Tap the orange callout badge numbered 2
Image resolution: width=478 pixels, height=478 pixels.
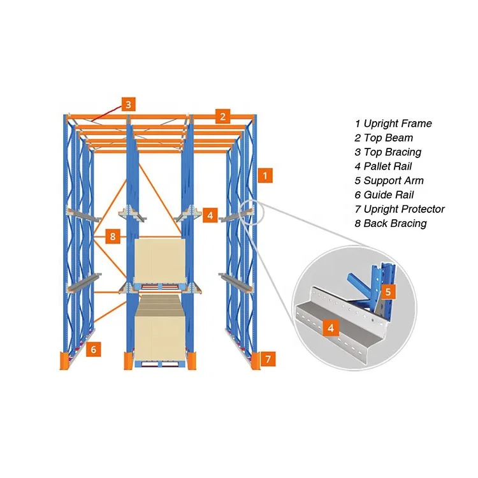pos(222,116)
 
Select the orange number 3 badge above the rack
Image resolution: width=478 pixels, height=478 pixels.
pos(128,104)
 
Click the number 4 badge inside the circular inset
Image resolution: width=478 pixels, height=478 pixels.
pos(331,328)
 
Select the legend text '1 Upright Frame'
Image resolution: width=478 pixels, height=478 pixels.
pos(393,124)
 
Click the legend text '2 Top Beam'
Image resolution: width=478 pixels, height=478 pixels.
pos(384,138)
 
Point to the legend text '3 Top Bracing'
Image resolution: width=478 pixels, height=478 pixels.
pos(388,152)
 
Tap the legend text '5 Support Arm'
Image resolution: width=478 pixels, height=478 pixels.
pos(389,180)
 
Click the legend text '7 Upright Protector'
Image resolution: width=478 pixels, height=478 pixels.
pos(400,209)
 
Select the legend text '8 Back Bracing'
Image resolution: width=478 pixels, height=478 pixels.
pos(391,223)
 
